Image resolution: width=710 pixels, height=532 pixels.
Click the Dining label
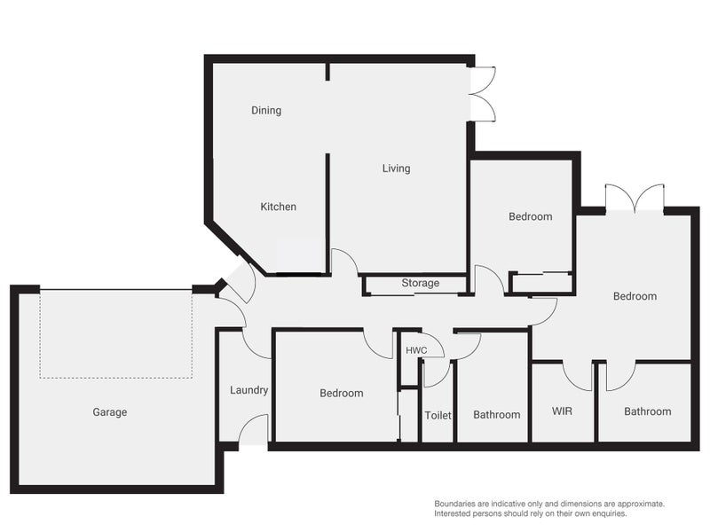click(266, 111)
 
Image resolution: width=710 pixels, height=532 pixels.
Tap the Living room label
click(396, 168)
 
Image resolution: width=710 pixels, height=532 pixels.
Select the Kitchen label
click(278, 207)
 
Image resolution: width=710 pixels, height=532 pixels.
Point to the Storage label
click(420, 284)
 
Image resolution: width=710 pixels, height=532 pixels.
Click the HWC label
click(416, 350)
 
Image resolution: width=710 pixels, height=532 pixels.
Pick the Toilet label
click(438, 415)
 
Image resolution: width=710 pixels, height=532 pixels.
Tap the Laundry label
click(248, 390)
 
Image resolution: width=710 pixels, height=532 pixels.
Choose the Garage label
click(110, 412)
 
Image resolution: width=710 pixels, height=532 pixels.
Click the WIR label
click(563, 411)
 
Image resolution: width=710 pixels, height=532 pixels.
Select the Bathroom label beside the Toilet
click(496, 415)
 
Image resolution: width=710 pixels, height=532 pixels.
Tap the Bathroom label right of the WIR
click(647, 411)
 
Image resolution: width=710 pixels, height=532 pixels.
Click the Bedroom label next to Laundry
click(342, 393)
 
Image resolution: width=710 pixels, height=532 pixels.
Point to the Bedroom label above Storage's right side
click(530, 216)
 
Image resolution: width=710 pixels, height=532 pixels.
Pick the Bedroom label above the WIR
click(635, 296)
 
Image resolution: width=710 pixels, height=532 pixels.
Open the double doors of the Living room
click(482, 94)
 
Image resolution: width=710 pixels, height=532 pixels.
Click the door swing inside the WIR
click(578, 376)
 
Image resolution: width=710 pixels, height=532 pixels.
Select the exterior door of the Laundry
click(253, 430)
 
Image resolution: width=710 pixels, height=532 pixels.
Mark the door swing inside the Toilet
click(435, 373)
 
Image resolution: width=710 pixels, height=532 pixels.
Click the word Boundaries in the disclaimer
click(458, 504)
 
